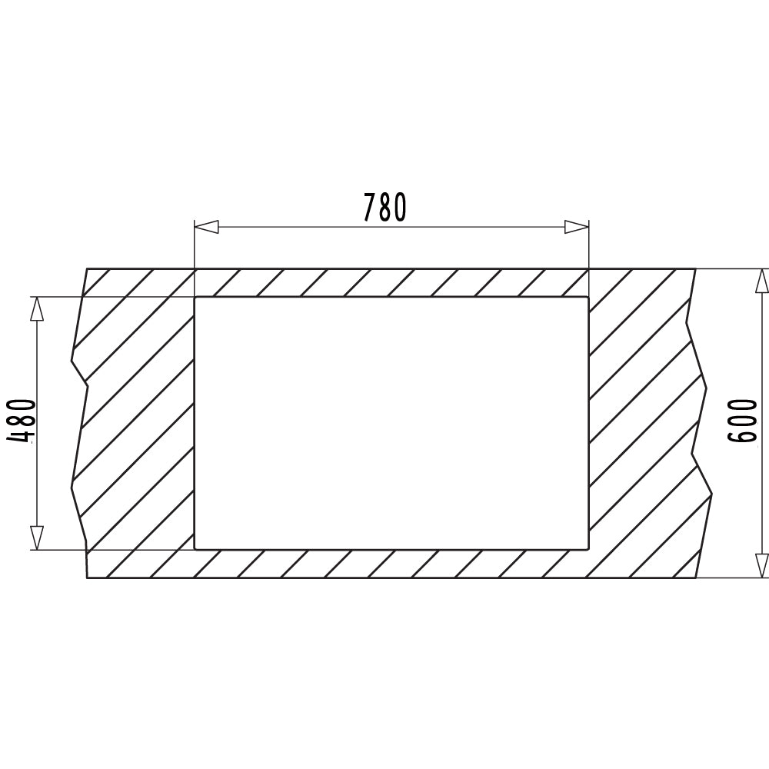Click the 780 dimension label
[x=385, y=207]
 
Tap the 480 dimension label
[x=22, y=421]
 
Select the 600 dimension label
[x=741, y=421]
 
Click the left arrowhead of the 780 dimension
[x=206, y=227]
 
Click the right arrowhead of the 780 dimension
[x=577, y=227]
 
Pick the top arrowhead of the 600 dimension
[x=761, y=281]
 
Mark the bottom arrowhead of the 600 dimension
[x=761, y=566]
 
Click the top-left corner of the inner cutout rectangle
[x=195, y=297]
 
